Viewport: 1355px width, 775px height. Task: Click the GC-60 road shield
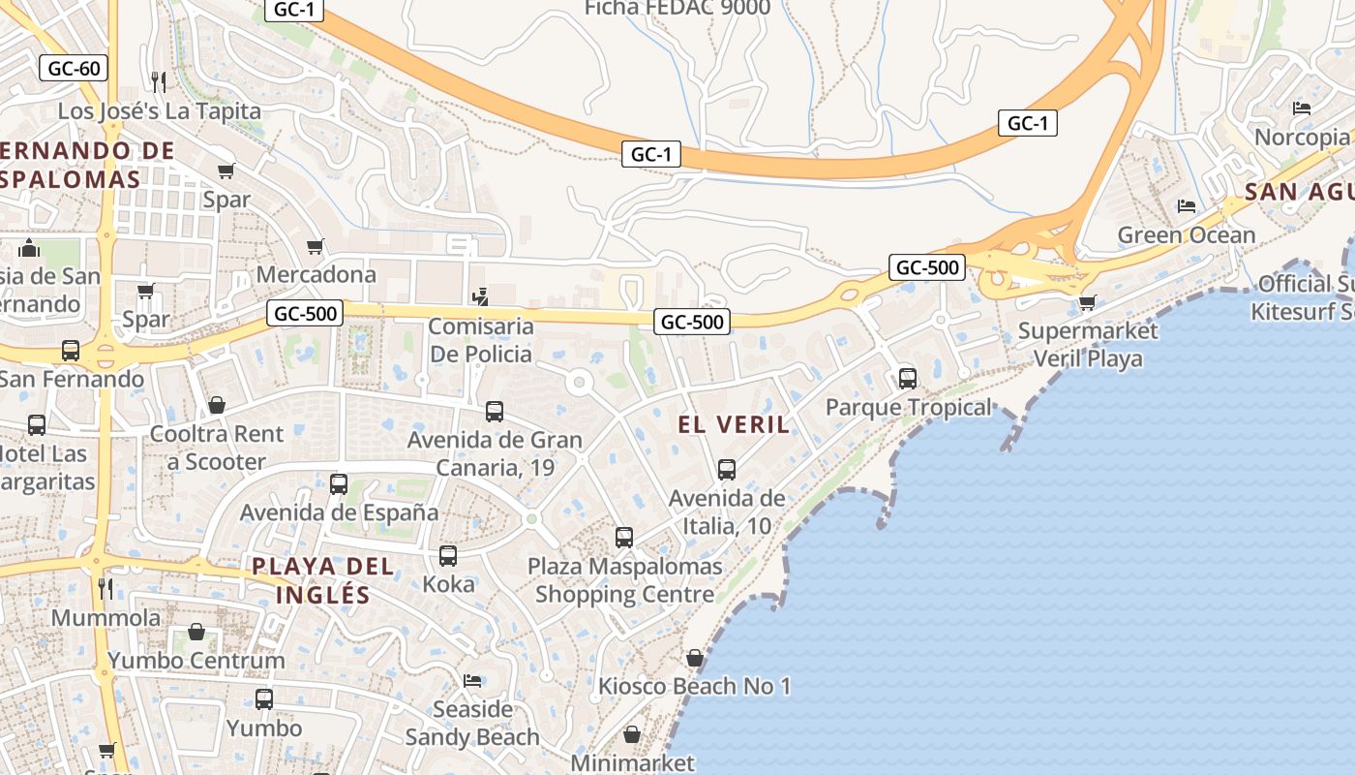pyautogui.click(x=74, y=68)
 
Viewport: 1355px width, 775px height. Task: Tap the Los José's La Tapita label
pyautogui.click(x=160, y=110)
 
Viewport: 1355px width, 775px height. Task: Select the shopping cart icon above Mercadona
pyautogui.click(x=315, y=246)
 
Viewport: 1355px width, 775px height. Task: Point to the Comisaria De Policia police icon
pyautogui.click(x=480, y=296)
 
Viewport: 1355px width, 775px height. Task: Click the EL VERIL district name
pyautogui.click(x=734, y=424)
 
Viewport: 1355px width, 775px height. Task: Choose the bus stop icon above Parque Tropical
pyautogui.click(x=907, y=378)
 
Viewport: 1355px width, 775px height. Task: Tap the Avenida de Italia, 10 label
pyautogui.click(x=727, y=512)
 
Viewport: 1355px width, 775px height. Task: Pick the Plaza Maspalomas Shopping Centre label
pyautogui.click(x=624, y=579)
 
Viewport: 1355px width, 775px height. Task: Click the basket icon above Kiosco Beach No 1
pyautogui.click(x=694, y=658)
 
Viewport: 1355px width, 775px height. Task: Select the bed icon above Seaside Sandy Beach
pyautogui.click(x=472, y=680)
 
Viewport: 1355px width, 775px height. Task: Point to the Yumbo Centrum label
pyautogui.click(x=196, y=661)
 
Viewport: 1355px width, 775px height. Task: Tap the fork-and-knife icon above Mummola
pyautogui.click(x=105, y=588)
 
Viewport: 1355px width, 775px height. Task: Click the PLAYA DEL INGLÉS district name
pyautogui.click(x=323, y=580)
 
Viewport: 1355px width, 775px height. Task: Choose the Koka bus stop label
pyautogui.click(x=448, y=584)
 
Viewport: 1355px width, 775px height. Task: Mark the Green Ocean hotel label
pyautogui.click(x=1186, y=235)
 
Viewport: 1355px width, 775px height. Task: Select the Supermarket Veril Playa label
pyautogui.click(x=1088, y=345)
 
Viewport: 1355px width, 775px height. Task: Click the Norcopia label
pyautogui.click(x=1301, y=137)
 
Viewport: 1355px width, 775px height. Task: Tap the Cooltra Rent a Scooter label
pyautogui.click(x=217, y=448)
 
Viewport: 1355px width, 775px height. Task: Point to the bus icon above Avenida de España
pyautogui.click(x=339, y=483)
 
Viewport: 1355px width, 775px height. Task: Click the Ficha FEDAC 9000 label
pyautogui.click(x=677, y=9)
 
